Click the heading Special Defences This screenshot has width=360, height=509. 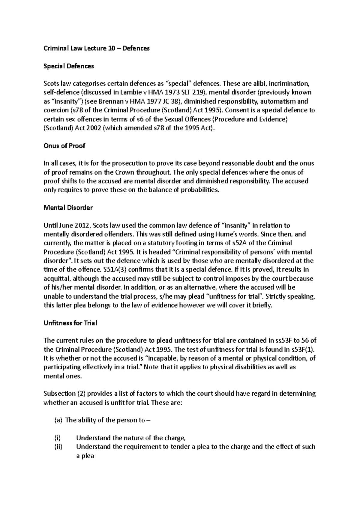[x=69, y=66]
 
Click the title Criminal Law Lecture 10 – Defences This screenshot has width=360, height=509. [x=97, y=48]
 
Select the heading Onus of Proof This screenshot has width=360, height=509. [x=64, y=146]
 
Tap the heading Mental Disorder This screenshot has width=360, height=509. [x=68, y=207]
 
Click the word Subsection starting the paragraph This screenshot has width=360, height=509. [x=59, y=394]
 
